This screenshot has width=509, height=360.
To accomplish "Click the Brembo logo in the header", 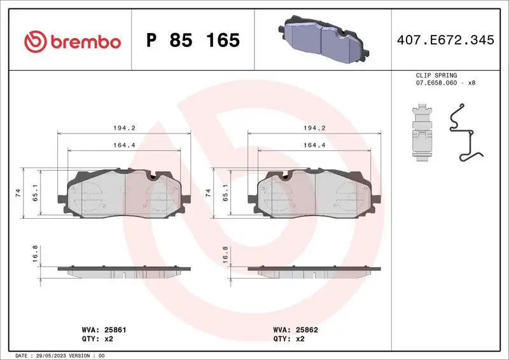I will (71, 41).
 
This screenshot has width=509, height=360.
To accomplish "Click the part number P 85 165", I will (193, 41).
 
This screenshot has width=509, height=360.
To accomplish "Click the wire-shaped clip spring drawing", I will (466, 134).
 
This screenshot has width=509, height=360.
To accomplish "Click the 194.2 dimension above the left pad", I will (124, 128).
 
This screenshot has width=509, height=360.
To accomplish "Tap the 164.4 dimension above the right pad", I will (314, 145).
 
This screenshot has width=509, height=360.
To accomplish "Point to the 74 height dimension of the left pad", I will (18, 193).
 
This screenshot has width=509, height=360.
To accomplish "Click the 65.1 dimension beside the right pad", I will (225, 193).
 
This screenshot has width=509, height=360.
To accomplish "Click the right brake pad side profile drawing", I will (314, 270).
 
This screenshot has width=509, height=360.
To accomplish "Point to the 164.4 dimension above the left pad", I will (124, 145).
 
